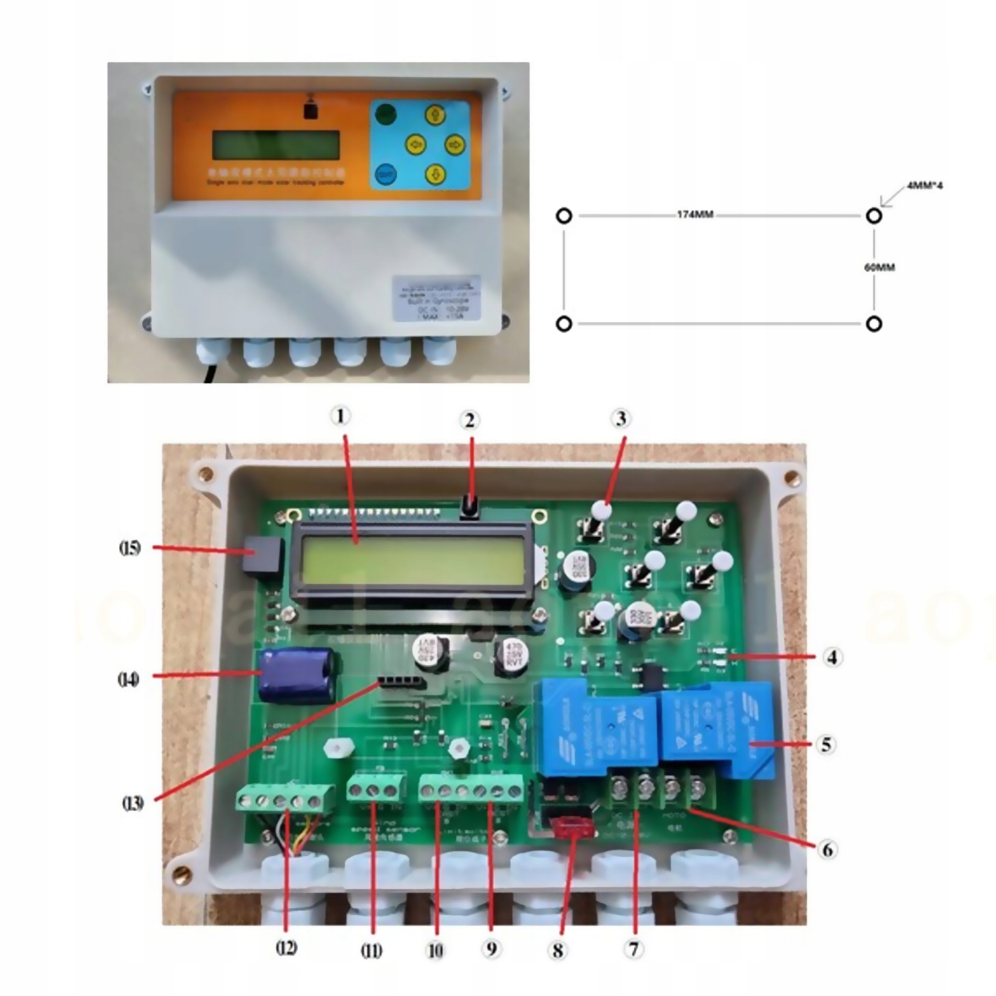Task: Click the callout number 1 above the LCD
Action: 341,416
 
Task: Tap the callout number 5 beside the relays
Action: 826,744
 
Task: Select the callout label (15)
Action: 129,548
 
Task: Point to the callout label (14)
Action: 128,679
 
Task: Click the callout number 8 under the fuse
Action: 557,950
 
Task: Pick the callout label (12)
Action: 286,948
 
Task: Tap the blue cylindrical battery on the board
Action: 298,675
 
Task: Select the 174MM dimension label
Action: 695,215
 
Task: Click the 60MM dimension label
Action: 880,267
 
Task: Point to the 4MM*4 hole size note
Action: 925,186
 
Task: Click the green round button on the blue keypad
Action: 386,114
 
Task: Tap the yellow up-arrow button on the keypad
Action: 433,115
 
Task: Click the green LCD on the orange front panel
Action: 276,145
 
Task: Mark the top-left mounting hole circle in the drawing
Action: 563,216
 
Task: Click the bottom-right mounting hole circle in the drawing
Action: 874,324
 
